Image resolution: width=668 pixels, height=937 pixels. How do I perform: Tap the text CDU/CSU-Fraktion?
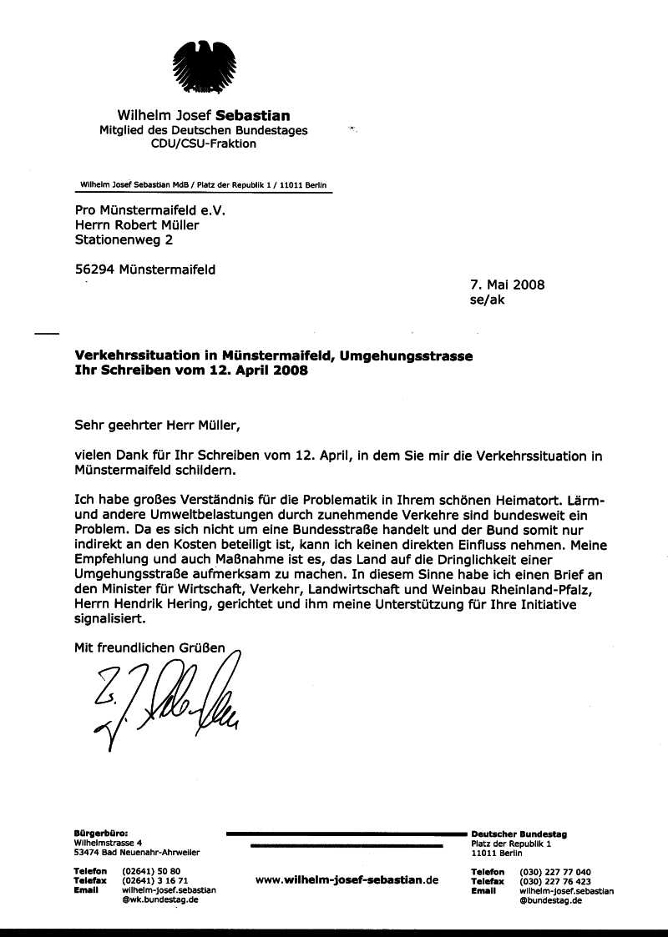203,144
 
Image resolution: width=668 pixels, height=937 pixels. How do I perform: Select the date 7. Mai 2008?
508,285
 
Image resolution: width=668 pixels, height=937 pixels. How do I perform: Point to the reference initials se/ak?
488,300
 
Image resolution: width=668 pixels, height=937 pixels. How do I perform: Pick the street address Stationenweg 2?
124,240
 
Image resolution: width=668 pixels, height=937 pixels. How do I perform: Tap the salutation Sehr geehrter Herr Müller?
157,425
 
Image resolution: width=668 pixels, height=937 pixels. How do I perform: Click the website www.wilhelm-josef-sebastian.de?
347,879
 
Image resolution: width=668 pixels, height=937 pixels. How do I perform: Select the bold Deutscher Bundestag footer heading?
519,834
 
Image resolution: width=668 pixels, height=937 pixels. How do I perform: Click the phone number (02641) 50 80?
151,871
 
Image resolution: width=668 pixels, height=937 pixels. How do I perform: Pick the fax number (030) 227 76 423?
555,881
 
